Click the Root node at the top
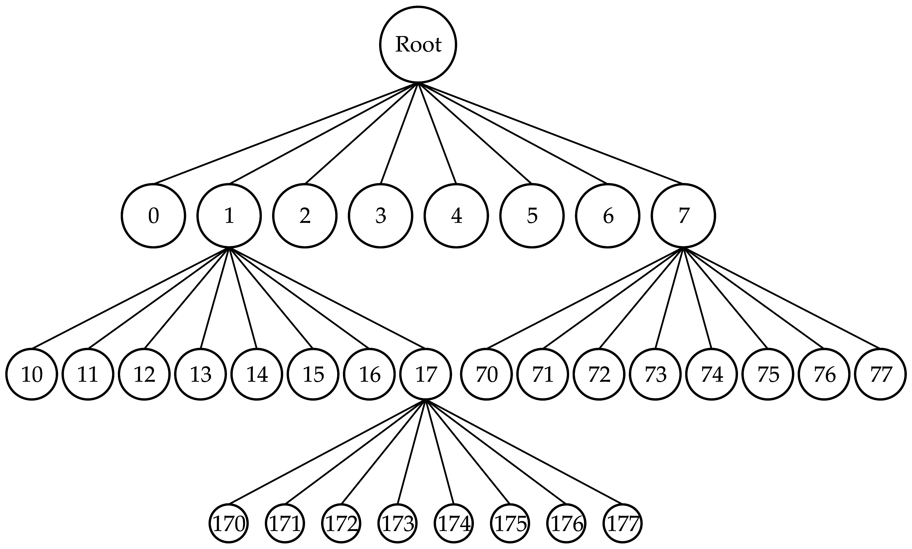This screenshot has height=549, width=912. coord(418,44)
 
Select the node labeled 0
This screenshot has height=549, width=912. coord(153,216)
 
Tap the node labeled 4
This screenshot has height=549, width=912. coord(456,216)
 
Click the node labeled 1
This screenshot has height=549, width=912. coord(229,216)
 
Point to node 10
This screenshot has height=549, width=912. coord(32,374)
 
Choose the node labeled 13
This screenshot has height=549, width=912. coord(201,374)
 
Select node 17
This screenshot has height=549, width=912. coord(426,374)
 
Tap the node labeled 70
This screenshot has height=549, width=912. coord(486,374)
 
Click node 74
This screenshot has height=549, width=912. coord(711,374)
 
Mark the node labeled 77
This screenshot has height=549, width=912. coord(880,374)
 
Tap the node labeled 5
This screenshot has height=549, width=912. coord(532,216)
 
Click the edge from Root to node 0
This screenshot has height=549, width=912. coord(286,133)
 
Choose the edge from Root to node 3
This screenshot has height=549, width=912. coord(399,133)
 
